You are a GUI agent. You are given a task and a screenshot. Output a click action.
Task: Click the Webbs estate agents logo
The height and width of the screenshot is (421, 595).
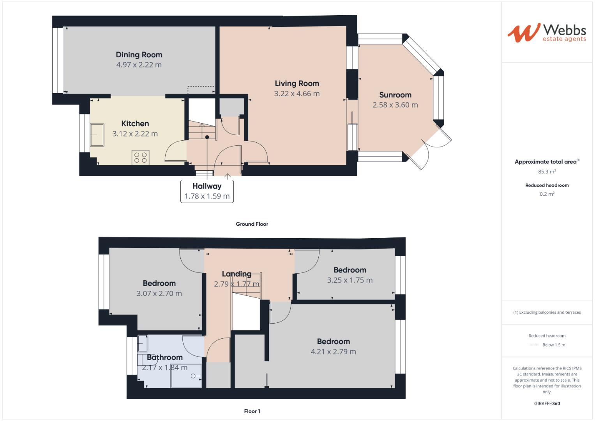click(547, 33)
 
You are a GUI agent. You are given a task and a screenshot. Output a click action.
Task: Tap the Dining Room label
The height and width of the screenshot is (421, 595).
click(139, 55)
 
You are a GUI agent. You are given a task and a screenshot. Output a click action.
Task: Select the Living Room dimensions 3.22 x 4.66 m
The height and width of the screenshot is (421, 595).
click(297, 94)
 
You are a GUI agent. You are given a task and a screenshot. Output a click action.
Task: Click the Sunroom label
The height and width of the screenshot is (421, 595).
click(395, 95)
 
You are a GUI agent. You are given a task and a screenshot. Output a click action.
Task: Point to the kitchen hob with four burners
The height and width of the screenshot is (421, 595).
click(140, 157)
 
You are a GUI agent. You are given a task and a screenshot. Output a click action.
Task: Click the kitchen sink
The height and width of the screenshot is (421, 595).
click(97, 135)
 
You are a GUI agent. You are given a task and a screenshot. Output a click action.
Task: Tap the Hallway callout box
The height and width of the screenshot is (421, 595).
click(207, 191)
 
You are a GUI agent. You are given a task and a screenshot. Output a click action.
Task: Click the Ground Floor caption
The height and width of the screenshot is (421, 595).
click(252, 224)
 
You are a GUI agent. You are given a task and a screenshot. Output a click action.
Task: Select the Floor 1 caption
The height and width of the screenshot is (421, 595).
click(252, 411)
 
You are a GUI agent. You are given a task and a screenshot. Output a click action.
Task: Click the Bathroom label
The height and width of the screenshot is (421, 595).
click(164, 357)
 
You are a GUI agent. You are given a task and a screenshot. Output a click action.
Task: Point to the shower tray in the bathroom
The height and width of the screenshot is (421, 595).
click(186, 376)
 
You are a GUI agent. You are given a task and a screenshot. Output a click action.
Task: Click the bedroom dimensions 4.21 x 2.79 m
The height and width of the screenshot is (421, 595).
click(333, 352)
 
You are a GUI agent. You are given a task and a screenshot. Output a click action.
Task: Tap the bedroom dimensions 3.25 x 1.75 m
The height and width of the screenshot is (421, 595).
click(350, 280)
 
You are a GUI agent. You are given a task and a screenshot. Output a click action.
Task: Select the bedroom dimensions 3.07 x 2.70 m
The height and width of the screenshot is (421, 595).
click(159, 294)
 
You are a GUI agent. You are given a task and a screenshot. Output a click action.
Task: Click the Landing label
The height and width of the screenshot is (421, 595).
click(237, 274)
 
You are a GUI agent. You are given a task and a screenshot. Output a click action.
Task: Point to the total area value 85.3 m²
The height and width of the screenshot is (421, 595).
click(547, 172)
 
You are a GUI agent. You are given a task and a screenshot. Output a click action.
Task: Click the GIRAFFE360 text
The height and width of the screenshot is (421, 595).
click(547, 403)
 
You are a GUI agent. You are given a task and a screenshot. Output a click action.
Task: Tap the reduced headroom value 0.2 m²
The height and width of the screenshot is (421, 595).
click(547, 194)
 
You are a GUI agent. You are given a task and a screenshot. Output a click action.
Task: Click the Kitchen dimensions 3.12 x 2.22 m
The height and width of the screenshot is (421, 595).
click(135, 134)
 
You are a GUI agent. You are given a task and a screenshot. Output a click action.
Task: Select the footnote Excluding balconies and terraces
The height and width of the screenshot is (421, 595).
click(547, 312)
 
